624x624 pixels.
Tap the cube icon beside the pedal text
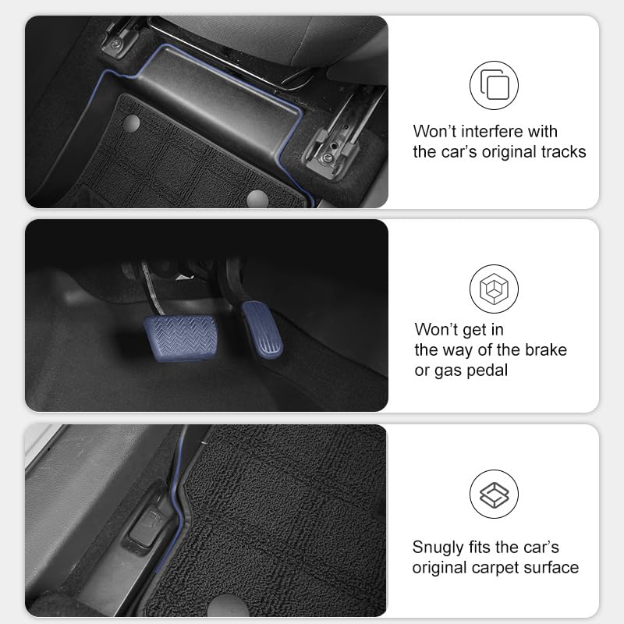click(x=494, y=289)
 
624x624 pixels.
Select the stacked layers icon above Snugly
click(x=494, y=495)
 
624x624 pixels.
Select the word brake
click(x=544, y=349)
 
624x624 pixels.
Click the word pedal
click(x=487, y=370)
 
